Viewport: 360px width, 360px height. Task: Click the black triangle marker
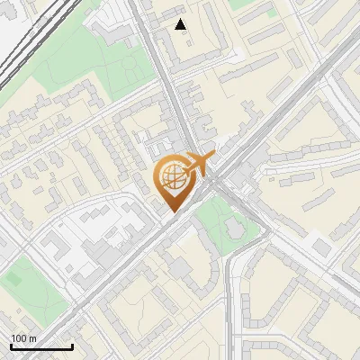pos(181,24)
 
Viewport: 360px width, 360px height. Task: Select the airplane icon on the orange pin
pos(198,165)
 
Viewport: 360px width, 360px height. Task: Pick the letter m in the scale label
pos(33,338)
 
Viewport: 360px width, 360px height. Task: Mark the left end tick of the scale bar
pos(11,346)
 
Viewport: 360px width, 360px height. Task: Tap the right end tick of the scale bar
pos(72,346)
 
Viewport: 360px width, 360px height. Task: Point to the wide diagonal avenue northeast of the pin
pos(288,108)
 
